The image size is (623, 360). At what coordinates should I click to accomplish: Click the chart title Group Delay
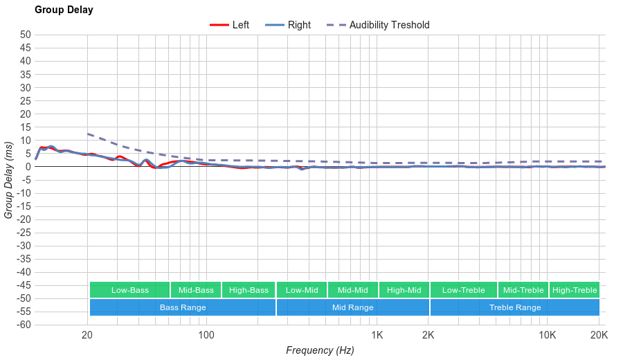pyautogui.click(x=64, y=10)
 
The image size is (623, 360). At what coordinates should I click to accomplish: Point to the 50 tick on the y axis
pyautogui.click(x=26, y=35)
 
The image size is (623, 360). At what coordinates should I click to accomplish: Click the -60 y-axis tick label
pyautogui.click(x=24, y=325)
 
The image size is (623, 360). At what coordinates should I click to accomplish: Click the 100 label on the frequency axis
pyautogui.click(x=206, y=336)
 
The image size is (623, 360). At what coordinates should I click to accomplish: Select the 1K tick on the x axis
pyautogui.click(x=377, y=336)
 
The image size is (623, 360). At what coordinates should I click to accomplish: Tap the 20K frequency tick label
pyautogui.click(x=599, y=336)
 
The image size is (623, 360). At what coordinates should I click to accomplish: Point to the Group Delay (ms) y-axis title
pyautogui.click(x=9, y=180)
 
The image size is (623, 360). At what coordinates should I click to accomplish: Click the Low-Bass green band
pyautogui.click(x=129, y=290)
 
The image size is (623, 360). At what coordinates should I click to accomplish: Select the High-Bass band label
pyautogui.click(x=249, y=290)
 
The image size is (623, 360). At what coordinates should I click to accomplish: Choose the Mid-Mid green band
pyautogui.click(x=353, y=290)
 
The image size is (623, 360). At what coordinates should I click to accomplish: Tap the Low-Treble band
pyautogui.click(x=463, y=290)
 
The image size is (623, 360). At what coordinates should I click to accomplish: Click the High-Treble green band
pyautogui.click(x=575, y=290)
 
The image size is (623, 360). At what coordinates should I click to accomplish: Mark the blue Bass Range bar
pyautogui.click(x=183, y=307)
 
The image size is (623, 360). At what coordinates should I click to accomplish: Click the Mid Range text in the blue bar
pyautogui.click(x=352, y=307)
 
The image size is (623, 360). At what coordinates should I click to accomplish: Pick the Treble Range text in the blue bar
pyautogui.click(x=515, y=307)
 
